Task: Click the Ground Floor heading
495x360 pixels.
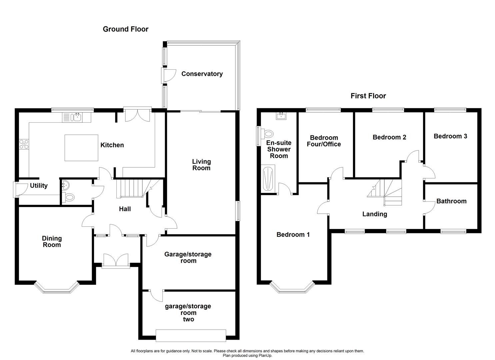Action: point(125,29)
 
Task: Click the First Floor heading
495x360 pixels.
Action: point(368,96)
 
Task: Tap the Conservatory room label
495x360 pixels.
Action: point(202,74)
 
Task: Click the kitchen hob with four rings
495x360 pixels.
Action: point(24,144)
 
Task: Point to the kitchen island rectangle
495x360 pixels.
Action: point(81,148)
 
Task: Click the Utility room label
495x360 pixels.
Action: point(39,186)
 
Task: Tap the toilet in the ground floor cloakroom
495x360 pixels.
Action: point(69,197)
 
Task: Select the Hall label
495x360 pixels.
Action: point(125,209)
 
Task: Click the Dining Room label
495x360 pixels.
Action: point(52,241)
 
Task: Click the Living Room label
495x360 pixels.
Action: point(201,165)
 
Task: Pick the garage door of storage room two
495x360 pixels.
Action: point(191,335)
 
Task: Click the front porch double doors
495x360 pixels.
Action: point(116,261)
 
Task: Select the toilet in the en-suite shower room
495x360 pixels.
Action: point(267,134)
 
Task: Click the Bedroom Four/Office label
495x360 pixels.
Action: point(324,141)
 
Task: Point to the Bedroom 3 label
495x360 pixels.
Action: point(450,136)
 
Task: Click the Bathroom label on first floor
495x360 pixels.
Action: point(451,201)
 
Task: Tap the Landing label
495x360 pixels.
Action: point(374,214)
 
